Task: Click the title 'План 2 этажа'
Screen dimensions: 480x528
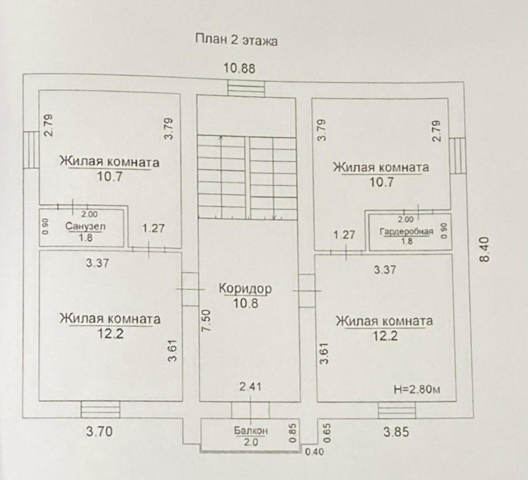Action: (x=236, y=40)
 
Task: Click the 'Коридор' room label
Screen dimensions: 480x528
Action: (x=245, y=289)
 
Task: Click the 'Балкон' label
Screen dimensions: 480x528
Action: (x=250, y=431)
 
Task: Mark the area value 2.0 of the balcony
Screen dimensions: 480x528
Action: (x=251, y=442)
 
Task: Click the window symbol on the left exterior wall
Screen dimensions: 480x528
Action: (x=31, y=151)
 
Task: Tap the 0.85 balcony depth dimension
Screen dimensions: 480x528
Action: (x=292, y=433)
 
